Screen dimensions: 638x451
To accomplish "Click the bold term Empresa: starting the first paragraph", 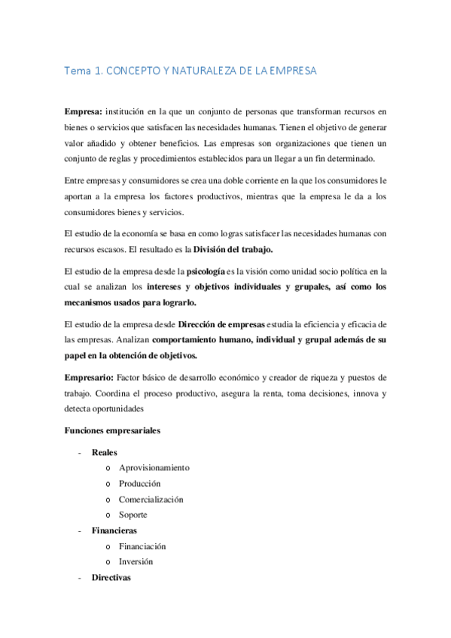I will tap(83, 111).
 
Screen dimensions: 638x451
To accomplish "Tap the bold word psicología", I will tap(211, 271).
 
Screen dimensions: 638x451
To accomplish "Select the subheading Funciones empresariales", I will tap(112, 430).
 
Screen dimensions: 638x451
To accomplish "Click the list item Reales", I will tap(105, 452).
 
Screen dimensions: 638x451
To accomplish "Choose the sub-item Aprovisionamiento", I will tap(154, 468).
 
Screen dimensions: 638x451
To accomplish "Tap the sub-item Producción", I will tap(140, 484).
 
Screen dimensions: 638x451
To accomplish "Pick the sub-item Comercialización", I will tap(151, 500).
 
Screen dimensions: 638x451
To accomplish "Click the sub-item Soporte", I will tap(133, 515).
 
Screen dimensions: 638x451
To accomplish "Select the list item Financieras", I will tap(114, 530).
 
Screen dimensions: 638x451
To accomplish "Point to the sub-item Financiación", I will tap(142, 546).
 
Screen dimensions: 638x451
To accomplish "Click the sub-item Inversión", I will tap(136, 562).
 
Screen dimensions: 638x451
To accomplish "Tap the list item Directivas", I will tap(111, 578).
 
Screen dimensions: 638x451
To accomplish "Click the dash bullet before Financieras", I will tap(80, 531).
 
